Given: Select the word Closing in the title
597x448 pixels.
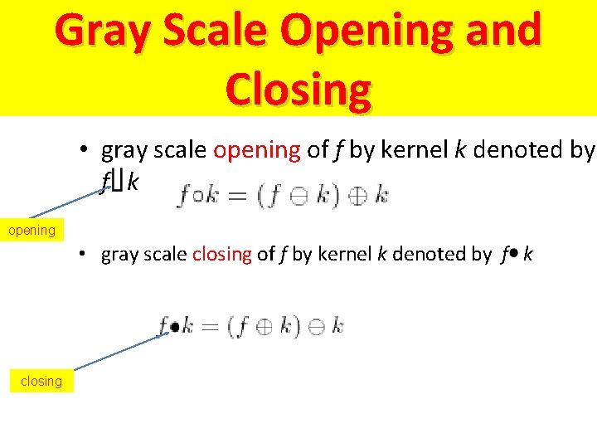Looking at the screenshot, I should [x=298, y=90].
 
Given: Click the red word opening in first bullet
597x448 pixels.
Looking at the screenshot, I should [x=257, y=150].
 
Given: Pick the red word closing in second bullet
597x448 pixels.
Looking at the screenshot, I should [x=221, y=255].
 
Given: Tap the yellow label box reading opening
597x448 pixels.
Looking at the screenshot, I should [x=32, y=230].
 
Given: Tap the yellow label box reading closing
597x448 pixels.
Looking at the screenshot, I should [x=41, y=381].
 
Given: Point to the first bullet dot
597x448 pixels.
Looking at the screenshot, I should [x=85, y=150].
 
